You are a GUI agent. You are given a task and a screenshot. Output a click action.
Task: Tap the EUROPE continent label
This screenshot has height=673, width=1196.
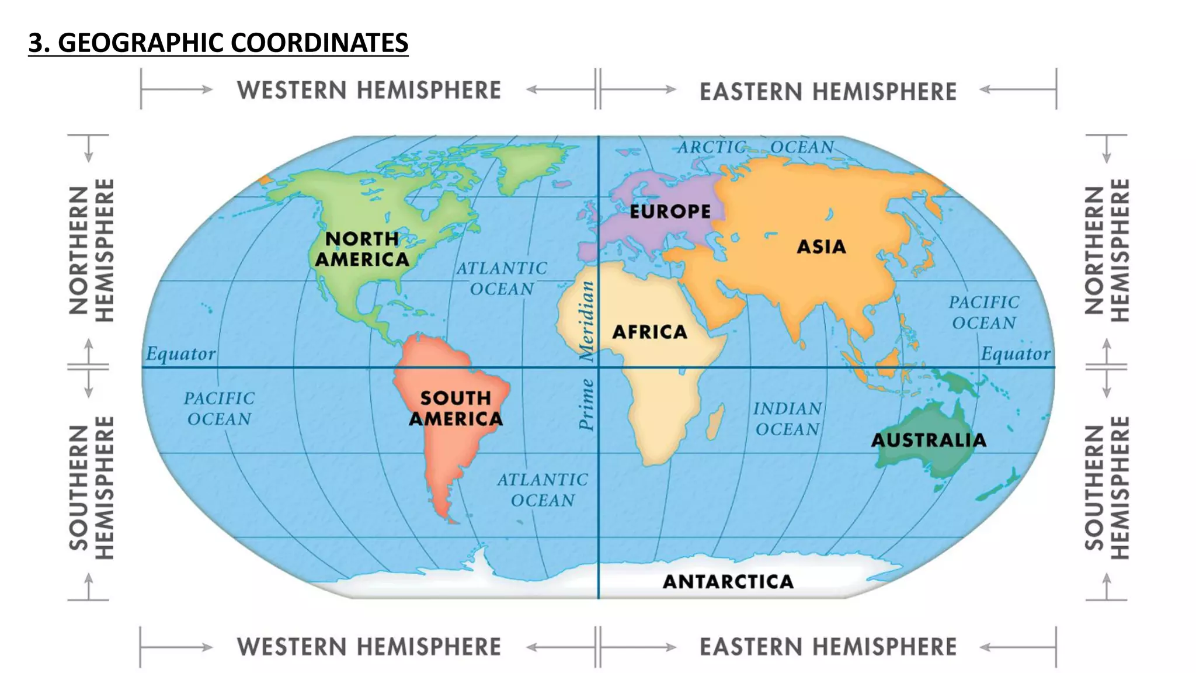coord(670,211)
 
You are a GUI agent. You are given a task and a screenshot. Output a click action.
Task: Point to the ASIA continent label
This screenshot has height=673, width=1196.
coord(821,247)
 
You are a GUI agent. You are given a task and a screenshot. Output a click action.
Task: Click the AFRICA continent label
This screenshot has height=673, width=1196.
coord(649,332)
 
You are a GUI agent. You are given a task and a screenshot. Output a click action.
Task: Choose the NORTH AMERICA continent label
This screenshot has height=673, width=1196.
coord(362,249)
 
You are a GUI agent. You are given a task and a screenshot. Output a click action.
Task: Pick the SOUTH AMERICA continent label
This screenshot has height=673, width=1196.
coord(456,408)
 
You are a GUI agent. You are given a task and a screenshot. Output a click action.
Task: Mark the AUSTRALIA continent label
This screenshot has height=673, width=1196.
coord(929,440)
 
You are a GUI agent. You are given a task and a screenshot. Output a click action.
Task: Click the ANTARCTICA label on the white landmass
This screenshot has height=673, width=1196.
coord(728,581)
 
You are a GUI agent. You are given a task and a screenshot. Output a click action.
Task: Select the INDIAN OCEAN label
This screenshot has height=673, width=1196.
coord(787,419)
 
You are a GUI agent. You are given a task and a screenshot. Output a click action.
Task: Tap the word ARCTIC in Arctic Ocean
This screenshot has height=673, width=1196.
coord(712,147)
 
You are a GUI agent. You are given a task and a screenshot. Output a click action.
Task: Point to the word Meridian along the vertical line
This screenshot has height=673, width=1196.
coord(586,320)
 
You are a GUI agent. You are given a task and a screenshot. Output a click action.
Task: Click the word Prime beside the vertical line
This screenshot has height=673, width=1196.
coord(586,404)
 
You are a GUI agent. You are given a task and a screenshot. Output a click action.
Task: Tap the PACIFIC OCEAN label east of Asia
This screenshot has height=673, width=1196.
coord(984,313)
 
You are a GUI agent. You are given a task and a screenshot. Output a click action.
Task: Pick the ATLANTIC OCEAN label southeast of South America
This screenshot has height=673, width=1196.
coord(543,490)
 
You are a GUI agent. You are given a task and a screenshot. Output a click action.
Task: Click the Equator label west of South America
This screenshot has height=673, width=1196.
coord(180,354)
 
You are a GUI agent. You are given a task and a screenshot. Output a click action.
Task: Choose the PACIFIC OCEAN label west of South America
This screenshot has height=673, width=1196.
coord(219,408)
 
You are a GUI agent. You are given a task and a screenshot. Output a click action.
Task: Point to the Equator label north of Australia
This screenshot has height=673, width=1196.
coord(1015,354)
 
